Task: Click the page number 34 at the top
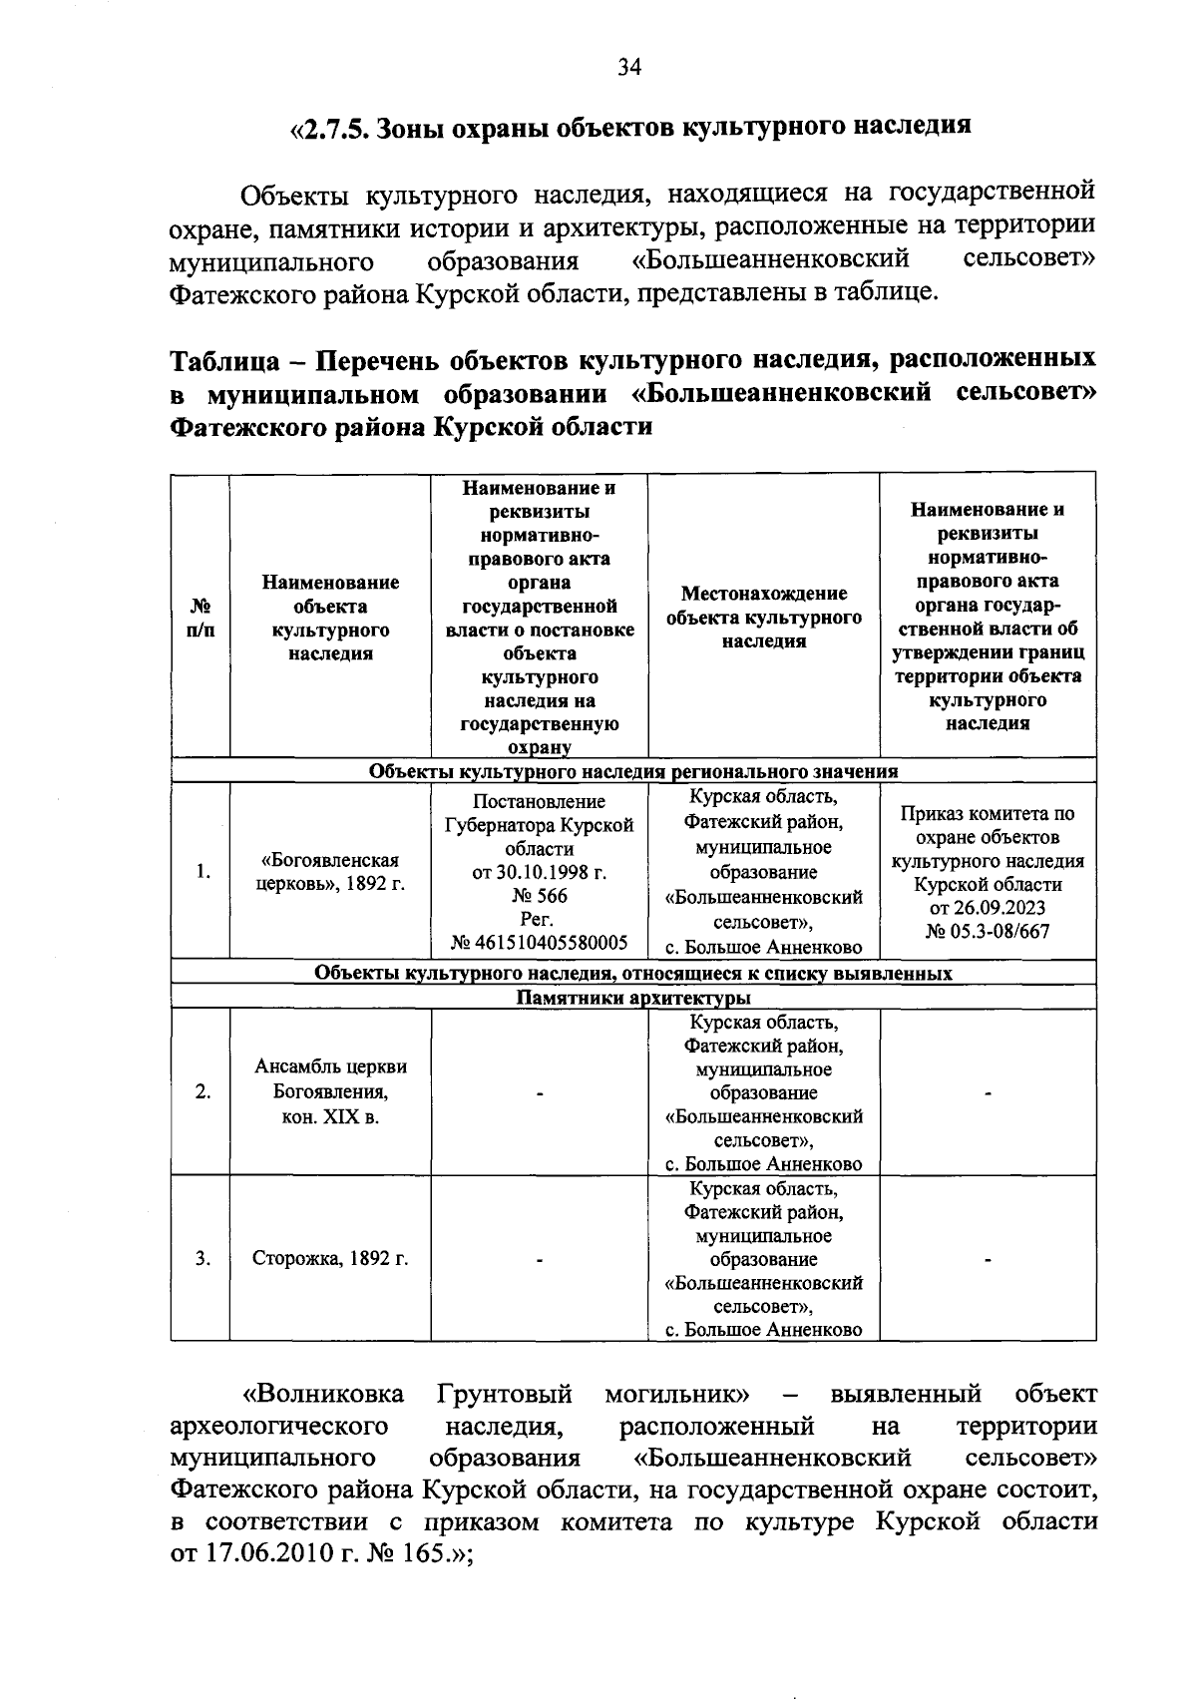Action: click(628, 67)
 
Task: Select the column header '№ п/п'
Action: click(199, 619)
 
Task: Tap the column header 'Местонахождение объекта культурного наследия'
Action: click(763, 618)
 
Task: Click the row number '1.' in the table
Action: click(202, 872)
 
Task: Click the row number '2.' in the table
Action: click(202, 1092)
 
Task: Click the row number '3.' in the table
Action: click(202, 1258)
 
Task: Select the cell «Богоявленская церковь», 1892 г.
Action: click(330, 872)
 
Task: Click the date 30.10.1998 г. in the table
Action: click(539, 872)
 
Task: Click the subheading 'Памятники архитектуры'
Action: click(633, 997)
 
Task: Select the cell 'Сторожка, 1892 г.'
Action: click(330, 1258)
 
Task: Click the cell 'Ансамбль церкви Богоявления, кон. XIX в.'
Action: click(330, 1091)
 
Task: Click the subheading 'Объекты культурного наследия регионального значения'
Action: click(633, 771)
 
